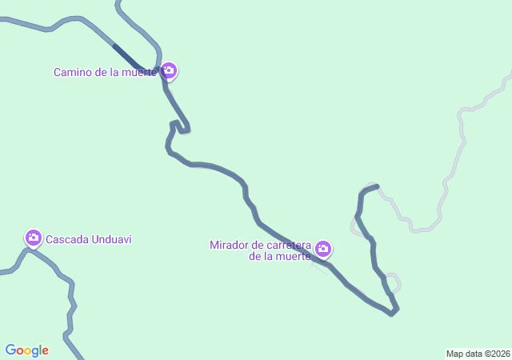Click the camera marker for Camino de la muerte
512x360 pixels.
click(169, 71)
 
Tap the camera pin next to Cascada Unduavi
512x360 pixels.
click(33, 237)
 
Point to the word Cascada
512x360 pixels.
click(67, 239)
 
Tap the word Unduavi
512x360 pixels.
click(111, 239)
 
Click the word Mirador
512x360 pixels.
click(230, 244)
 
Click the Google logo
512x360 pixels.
click(27, 350)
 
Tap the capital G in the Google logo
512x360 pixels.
click(10, 350)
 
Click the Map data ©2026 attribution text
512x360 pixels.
click(478, 354)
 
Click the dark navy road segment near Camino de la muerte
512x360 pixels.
click(126, 54)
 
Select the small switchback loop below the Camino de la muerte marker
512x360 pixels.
click(180, 126)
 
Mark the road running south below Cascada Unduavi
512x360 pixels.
click(70, 312)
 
